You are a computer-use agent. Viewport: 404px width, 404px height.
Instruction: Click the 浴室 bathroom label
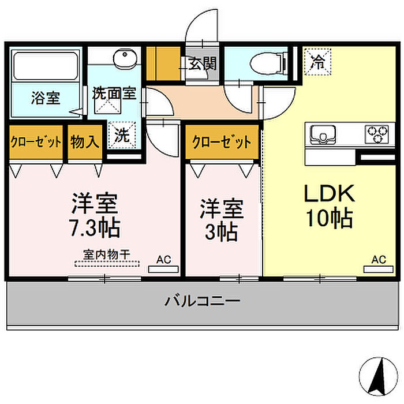click(x=45, y=98)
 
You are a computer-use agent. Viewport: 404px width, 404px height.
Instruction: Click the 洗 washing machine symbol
click(x=122, y=136)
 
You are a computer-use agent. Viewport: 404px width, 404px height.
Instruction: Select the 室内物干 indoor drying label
click(x=107, y=255)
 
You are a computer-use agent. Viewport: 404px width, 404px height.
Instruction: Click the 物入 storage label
click(x=84, y=141)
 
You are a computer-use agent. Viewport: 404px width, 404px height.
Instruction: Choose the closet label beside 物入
click(x=36, y=141)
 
